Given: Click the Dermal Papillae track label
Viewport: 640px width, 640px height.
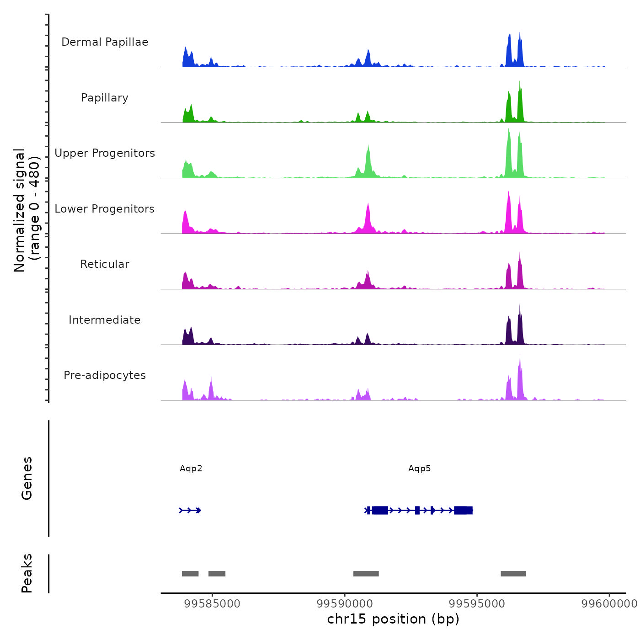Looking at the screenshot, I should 105,42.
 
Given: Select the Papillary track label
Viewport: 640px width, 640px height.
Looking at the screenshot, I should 105,98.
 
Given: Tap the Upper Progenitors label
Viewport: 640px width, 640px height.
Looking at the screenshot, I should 105,153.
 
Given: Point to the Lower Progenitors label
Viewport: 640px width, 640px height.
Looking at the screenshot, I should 105,209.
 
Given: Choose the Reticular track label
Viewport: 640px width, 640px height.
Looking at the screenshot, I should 105,264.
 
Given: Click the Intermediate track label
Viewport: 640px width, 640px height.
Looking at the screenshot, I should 105,320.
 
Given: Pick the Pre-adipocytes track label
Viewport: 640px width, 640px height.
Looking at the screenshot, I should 105,375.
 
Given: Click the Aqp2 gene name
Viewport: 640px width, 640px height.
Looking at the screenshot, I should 191,469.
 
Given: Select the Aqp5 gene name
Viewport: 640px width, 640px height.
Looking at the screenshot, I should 419,469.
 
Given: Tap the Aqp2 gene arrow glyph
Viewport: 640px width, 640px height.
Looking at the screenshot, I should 190,510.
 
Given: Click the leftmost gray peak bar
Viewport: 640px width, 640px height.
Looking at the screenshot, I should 190,574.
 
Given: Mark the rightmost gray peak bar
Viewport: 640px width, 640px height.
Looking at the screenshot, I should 513,574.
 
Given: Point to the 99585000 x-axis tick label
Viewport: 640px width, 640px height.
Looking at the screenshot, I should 212,604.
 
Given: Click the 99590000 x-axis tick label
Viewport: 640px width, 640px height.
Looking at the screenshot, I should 345,604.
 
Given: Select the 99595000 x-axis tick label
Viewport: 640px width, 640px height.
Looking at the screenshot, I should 477,604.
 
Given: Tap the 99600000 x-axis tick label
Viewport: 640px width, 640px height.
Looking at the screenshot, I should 609,604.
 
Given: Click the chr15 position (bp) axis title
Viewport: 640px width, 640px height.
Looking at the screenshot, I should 393,619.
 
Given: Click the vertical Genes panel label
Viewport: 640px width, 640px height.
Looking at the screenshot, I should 27,478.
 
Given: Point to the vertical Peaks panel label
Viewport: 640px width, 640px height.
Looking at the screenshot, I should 27,573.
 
